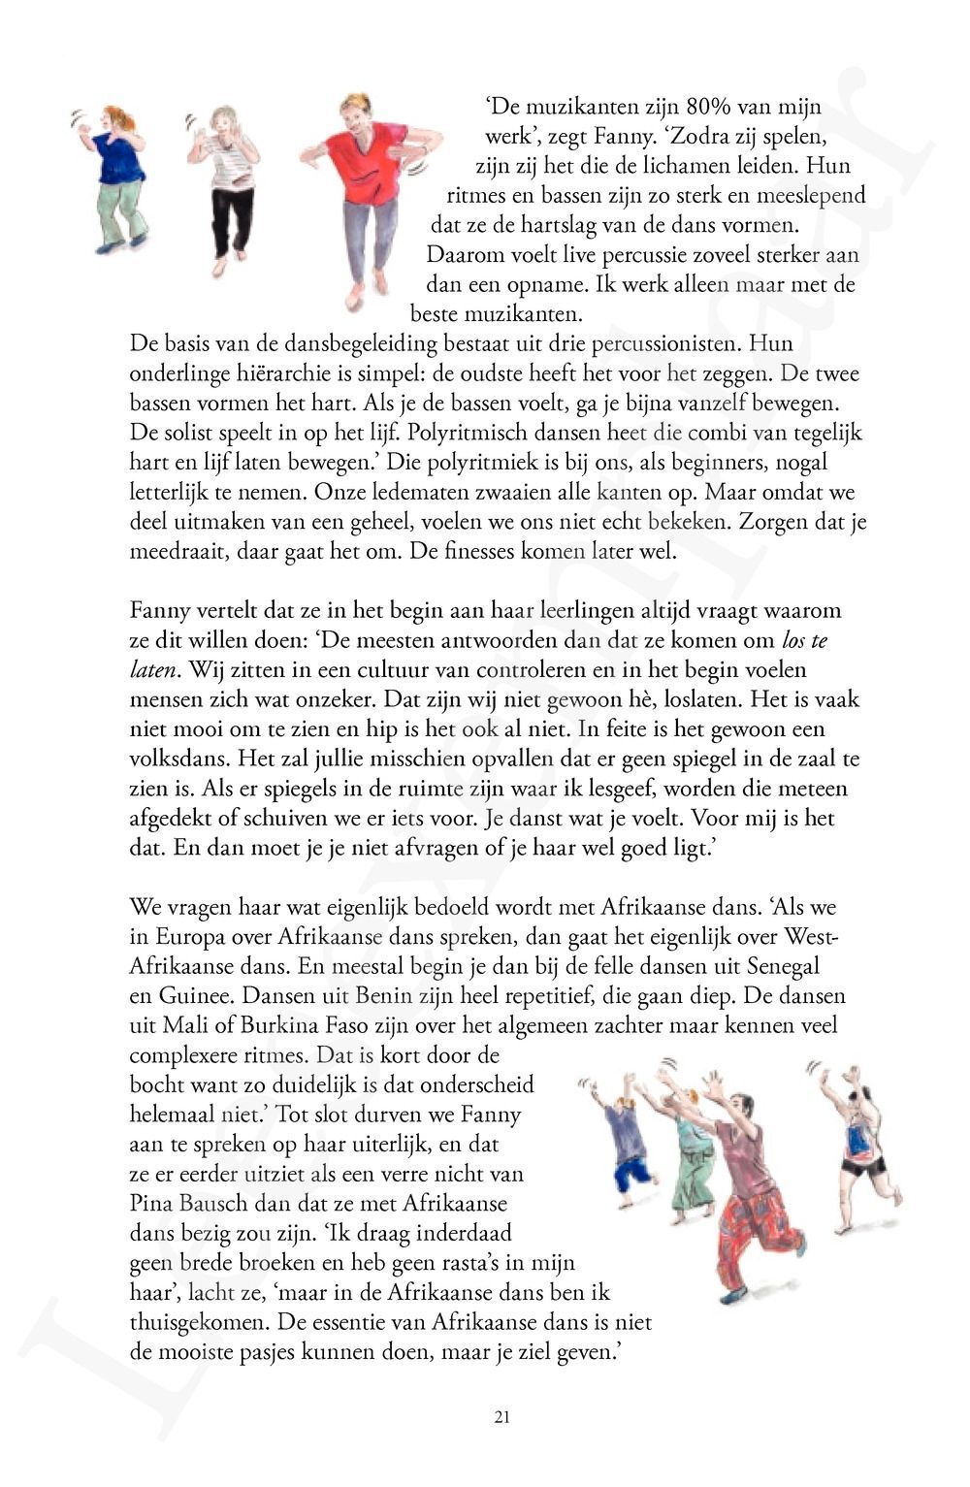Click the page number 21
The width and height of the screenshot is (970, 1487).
pos(501,1417)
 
